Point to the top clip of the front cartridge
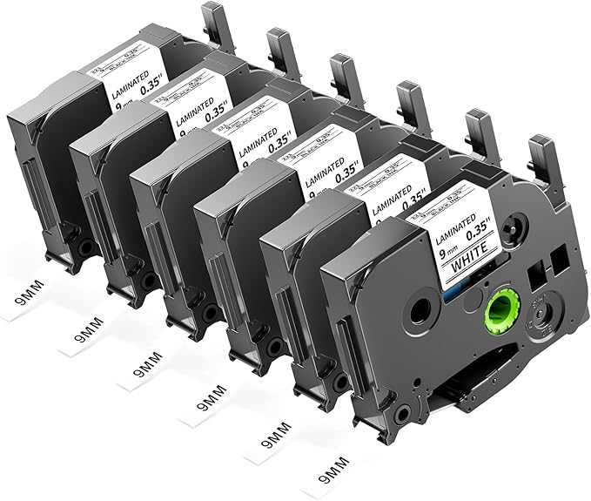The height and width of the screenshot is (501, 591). click(x=544, y=157)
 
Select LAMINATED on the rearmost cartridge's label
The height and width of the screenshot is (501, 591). click(x=119, y=73)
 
